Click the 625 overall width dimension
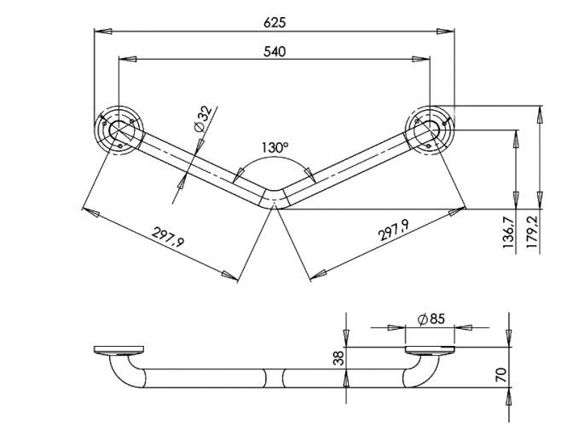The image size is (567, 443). (275, 22)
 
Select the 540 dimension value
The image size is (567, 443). (275, 52)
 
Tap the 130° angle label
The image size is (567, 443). (275, 147)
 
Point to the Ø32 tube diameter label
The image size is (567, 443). (203, 119)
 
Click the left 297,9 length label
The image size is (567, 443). (168, 237)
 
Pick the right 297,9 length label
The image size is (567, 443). (394, 230)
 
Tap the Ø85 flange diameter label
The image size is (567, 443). (431, 319)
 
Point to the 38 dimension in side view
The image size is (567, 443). (338, 358)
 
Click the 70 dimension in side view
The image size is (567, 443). (500, 376)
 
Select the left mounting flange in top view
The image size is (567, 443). (119, 130)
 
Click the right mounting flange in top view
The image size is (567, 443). (430, 130)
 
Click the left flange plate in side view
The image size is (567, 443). (119, 350)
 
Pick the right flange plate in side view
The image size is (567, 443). (430, 351)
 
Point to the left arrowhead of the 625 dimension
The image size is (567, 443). (103, 32)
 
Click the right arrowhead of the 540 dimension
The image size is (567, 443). (421, 59)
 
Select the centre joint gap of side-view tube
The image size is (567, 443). (275, 378)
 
